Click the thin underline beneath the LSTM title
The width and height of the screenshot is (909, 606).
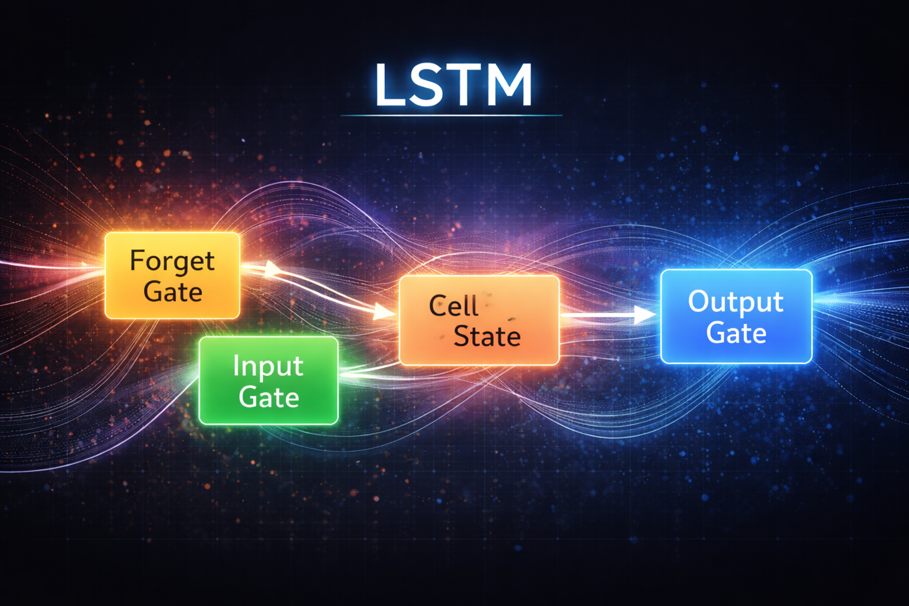(451, 115)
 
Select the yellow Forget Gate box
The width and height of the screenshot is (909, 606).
(172, 276)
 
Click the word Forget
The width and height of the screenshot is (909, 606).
(172, 261)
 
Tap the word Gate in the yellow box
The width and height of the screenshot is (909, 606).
(173, 292)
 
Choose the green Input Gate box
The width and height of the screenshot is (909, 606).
(269, 381)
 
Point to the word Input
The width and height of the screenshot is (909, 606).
(268, 366)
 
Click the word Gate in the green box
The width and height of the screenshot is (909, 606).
(269, 397)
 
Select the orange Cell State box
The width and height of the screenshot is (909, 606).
(479, 320)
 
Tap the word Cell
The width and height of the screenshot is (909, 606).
(453, 305)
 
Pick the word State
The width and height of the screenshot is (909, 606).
(487, 336)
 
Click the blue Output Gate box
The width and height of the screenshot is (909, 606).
(736, 317)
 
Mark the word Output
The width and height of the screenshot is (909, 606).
(736, 302)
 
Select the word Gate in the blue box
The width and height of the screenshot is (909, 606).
(736, 333)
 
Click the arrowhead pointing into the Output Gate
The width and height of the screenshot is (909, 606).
(644, 314)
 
